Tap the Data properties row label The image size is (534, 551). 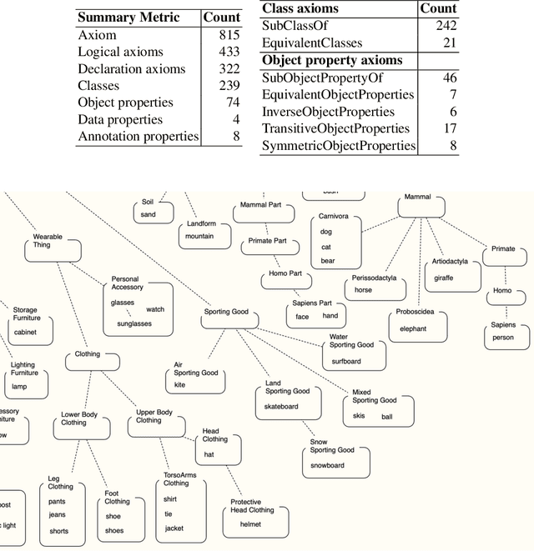(119, 119)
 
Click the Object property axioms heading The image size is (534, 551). (332, 60)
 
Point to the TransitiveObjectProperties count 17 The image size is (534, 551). (449, 128)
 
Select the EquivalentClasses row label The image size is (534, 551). (313, 43)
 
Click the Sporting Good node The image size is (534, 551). (226, 313)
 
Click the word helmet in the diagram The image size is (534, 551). (250, 524)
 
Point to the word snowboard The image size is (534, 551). (327, 466)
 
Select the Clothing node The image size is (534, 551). (88, 354)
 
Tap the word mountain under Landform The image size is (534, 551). (199, 236)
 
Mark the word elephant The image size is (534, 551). (413, 329)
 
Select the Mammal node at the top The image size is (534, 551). (417, 198)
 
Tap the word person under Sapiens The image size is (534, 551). (503, 338)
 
